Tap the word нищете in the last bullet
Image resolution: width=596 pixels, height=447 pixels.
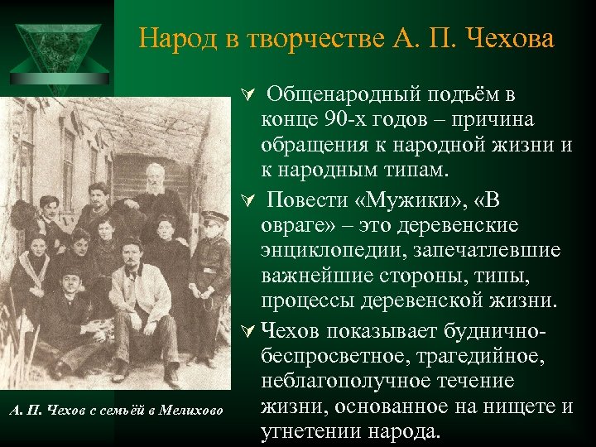512,406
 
